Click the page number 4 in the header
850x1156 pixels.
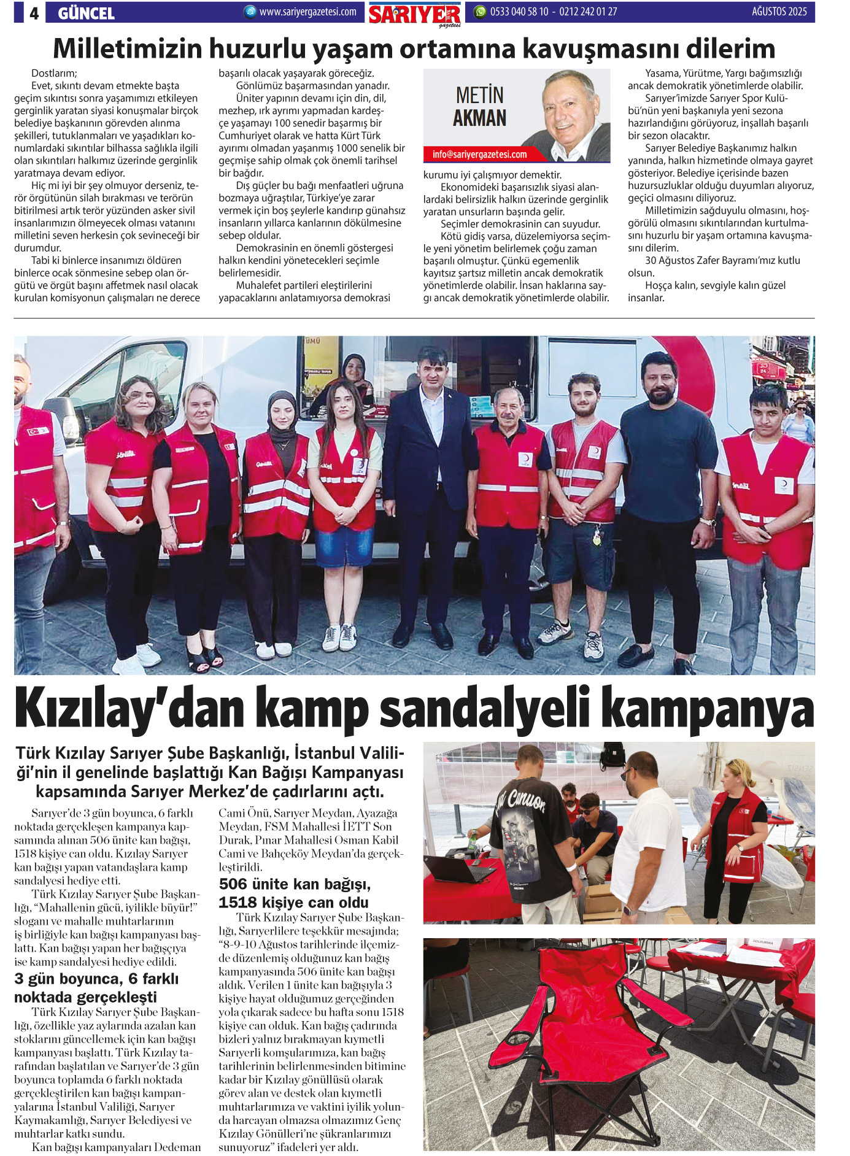[x=34, y=13]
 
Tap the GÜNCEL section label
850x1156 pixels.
[x=86, y=13]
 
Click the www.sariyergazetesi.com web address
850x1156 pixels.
[x=307, y=12]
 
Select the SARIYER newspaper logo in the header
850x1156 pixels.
[x=415, y=14]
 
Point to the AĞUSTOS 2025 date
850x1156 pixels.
[x=779, y=12]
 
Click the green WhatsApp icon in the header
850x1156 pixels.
[x=480, y=12]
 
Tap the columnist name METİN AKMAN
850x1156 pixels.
[x=479, y=107]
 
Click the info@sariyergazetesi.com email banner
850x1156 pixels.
[x=479, y=155]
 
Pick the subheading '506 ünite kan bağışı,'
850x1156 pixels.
[x=295, y=884]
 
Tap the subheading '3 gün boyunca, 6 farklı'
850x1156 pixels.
[x=96, y=979]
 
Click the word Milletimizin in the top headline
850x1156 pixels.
[x=128, y=49]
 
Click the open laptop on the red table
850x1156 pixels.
[x=457, y=868]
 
